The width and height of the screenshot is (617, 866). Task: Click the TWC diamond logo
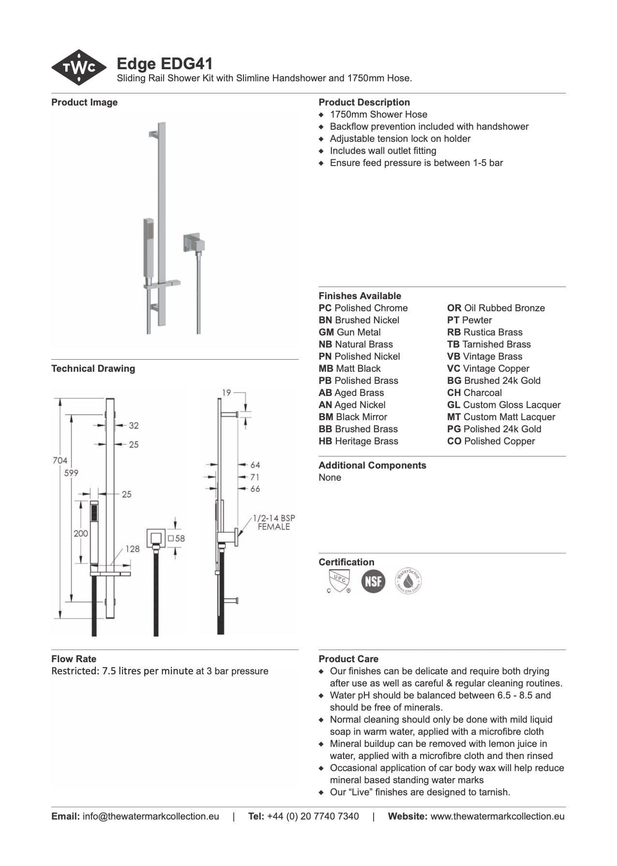(79, 67)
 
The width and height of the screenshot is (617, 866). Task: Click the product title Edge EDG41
(165, 64)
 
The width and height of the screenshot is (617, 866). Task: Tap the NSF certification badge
(373, 580)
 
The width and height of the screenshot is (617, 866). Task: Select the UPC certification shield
(338, 580)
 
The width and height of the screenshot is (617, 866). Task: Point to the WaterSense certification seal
(408, 580)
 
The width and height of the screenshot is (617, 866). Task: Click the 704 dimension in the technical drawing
(60, 460)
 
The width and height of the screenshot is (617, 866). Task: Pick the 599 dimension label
(71, 473)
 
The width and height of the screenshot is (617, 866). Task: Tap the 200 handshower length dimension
(81, 533)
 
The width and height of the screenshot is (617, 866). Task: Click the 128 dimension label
(132, 549)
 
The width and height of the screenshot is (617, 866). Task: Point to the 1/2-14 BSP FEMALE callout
(273, 522)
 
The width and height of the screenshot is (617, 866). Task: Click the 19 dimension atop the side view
(226, 393)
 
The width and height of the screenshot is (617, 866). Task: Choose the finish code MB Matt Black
(349, 368)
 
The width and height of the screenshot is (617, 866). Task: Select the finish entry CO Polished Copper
(491, 441)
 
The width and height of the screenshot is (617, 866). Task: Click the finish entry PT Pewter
(469, 320)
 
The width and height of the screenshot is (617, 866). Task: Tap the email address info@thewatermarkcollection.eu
(150, 816)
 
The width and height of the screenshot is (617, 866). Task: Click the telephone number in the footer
(313, 816)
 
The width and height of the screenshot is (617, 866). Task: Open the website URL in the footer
(497, 816)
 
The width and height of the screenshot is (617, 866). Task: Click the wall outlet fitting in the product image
(192, 243)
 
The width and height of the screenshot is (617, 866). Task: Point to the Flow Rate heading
(74, 659)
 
